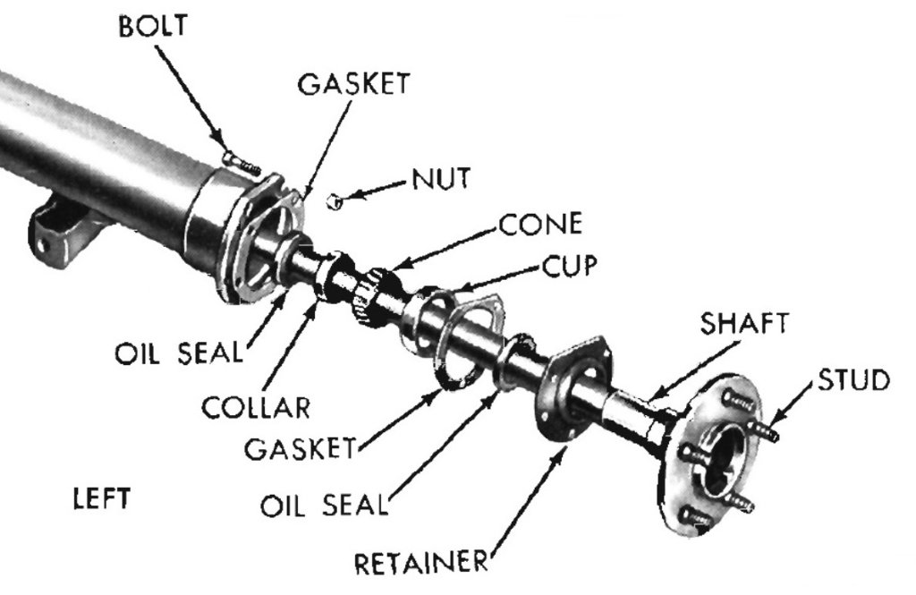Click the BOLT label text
152,25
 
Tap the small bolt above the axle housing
238,163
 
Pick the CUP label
569,265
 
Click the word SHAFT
744,324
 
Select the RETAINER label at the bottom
422,564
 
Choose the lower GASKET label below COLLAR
301,446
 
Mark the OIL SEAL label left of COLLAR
178,352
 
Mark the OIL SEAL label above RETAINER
326,503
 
